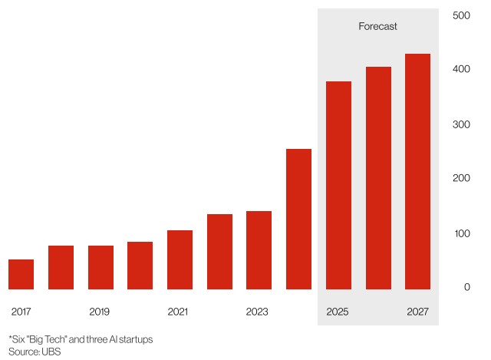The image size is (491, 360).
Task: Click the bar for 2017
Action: click(21, 274)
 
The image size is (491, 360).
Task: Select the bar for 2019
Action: click(101, 267)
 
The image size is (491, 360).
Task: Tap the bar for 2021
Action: click(180, 259)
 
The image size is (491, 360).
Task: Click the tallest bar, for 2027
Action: click(417, 171)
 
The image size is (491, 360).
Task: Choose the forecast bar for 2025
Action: click(338, 185)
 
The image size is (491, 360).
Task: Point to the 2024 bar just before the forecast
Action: click(298, 219)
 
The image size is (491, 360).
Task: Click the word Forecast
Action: click(377, 27)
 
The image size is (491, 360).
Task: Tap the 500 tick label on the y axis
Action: click(461, 15)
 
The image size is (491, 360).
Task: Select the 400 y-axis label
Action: click(461, 70)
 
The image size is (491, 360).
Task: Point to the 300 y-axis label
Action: click(461, 124)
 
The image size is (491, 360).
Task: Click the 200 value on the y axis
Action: click(461, 179)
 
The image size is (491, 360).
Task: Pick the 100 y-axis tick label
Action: click(461, 233)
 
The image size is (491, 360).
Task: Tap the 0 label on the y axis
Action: click(466, 287)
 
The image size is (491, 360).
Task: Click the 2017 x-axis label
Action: click(21, 312)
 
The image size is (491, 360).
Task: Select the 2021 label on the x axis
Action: click(178, 312)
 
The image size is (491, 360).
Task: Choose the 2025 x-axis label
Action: click(338, 312)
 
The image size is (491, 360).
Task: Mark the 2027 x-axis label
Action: click(417, 312)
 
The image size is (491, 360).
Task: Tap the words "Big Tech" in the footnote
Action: click(51, 339)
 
